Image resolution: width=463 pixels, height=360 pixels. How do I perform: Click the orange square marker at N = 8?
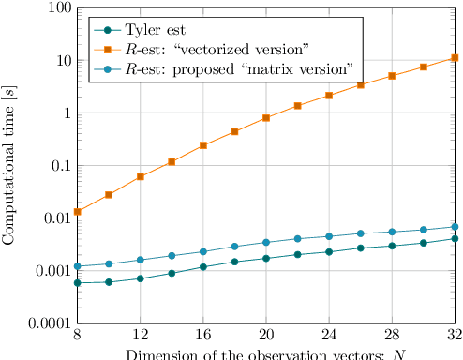point(77,212)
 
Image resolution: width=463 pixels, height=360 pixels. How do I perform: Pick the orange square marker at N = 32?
point(456,58)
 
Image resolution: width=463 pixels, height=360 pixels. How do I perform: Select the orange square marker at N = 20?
point(266,118)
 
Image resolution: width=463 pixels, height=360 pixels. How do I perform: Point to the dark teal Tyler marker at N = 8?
point(77,282)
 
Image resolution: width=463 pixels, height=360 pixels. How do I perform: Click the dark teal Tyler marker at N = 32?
point(456,238)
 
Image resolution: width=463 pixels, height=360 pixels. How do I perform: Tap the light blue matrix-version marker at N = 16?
point(203,251)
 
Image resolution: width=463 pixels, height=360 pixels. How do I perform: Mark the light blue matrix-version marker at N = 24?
point(329,236)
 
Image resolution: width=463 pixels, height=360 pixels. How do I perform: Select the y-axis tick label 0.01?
point(51,218)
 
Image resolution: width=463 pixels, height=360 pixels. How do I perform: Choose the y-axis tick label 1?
point(63,112)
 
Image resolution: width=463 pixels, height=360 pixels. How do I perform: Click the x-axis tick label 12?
point(140,336)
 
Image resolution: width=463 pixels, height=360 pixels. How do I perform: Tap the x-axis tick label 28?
point(392,336)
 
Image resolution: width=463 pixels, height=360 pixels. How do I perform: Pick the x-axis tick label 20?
point(266,336)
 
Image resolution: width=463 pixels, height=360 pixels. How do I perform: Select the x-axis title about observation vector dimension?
point(266,353)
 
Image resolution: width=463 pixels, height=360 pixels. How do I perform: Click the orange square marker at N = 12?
point(140,176)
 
